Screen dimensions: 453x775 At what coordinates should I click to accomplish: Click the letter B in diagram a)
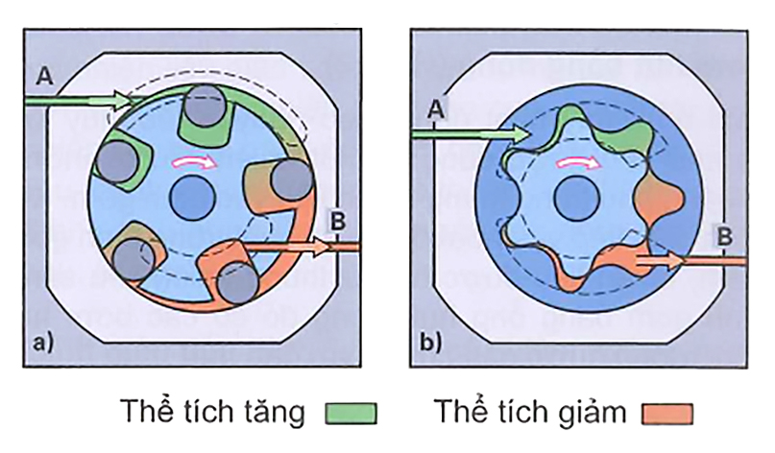pos(338,220)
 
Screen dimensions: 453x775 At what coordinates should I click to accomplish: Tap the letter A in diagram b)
pos(435,111)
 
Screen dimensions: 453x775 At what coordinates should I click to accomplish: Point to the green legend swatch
pos(351,414)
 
